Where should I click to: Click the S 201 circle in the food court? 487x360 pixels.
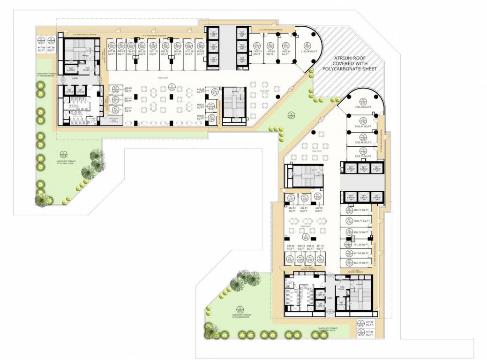point(172,87)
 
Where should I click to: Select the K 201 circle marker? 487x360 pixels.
point(41,39)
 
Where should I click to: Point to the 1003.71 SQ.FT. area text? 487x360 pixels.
point(362,220)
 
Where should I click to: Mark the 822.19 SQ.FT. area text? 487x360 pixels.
point(362,263)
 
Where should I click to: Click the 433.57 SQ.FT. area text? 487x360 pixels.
point(127,109)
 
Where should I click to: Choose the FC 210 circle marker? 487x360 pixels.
point(115,89)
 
